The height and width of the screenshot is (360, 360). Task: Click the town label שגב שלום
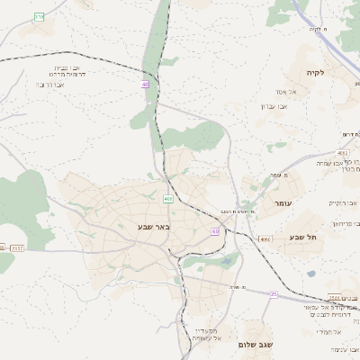[256, 345]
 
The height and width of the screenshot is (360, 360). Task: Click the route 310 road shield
[38, 17]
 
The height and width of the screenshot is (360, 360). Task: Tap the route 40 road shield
[144, 84]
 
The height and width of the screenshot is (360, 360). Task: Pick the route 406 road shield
[168, 198]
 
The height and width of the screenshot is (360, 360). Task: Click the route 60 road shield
[216, 231]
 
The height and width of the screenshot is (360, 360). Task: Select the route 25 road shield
[274, 293]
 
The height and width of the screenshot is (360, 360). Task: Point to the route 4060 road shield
[265, 239]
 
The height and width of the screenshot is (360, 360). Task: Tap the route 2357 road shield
[18, 247]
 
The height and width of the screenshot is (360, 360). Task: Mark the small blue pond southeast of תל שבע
[311, 274]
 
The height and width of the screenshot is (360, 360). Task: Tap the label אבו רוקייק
[343, 203]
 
